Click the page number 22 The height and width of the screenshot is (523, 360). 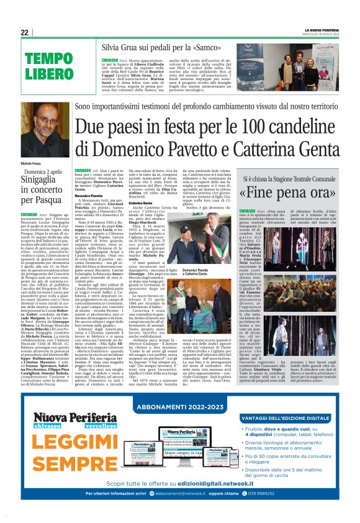pos(25,32)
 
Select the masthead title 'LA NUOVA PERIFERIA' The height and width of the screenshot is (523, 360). pos(322,29)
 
